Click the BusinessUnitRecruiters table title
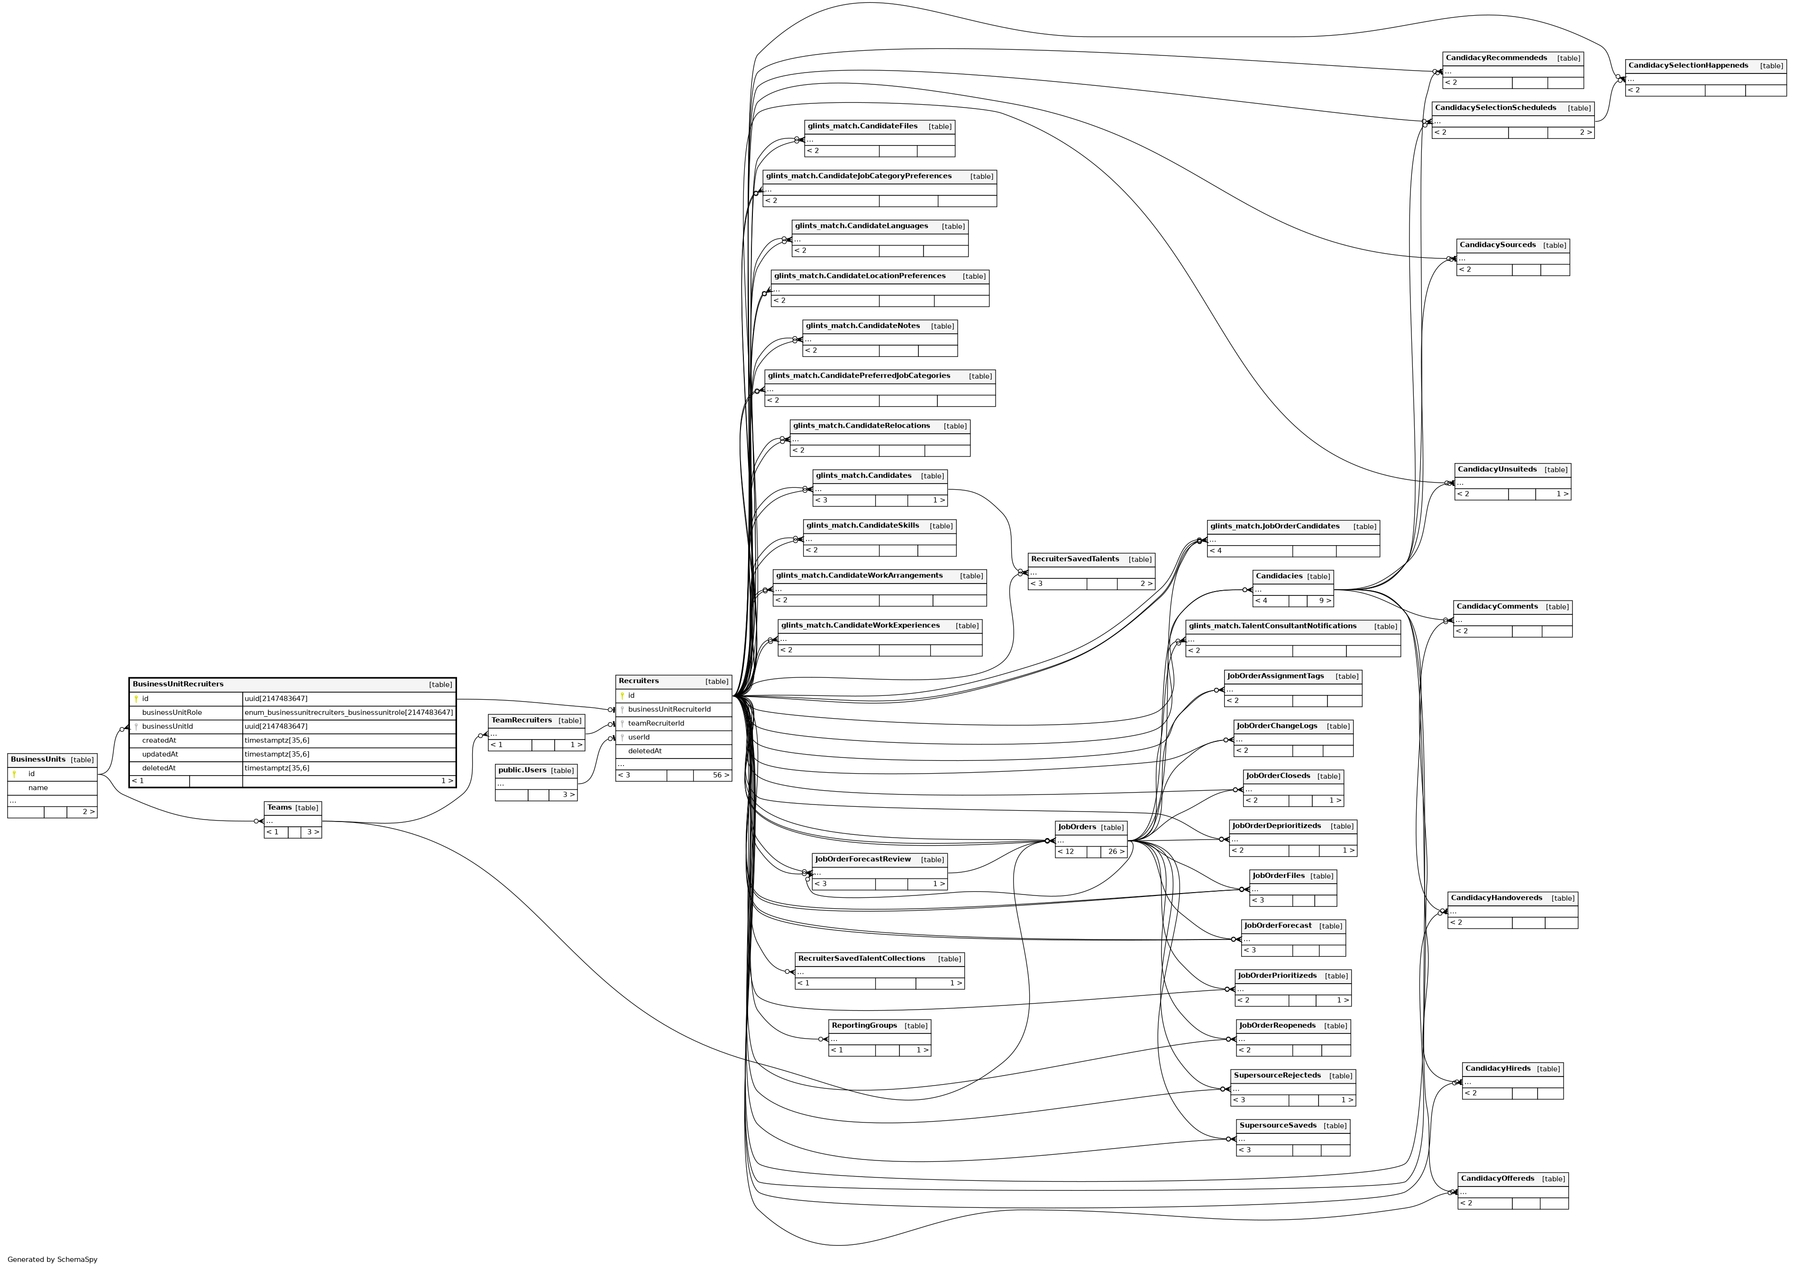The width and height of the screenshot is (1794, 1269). [178, 685]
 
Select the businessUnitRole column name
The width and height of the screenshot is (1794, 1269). [172, 712]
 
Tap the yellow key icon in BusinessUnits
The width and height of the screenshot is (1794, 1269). [14, 774]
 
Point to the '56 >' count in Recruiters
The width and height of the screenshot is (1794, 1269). [721, 776]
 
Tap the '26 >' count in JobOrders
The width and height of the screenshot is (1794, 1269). [1116, 852]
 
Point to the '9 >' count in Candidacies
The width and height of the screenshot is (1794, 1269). [1325, 601]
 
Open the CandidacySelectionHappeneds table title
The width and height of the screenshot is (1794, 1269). [1688, 65]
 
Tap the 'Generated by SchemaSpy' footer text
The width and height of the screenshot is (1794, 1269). [52, 1260]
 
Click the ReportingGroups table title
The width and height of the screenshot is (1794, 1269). [864, 1026]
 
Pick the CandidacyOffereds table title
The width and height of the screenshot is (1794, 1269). [1497, 1178]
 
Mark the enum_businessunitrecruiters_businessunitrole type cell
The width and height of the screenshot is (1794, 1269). [348, 712]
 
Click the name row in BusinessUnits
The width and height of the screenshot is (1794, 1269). [38, 788]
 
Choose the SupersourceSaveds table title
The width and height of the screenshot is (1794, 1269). [1278, 1125]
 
